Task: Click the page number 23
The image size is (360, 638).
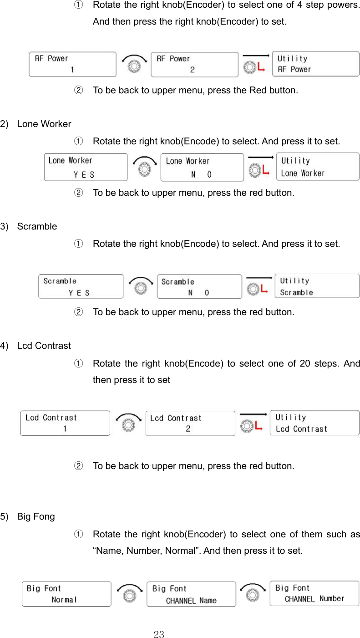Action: (159, 634)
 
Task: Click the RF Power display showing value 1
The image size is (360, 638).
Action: (72, 64)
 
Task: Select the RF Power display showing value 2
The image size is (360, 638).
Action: (194, 64)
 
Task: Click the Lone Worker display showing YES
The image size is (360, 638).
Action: (86, 167)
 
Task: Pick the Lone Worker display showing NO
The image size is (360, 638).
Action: (202, 168)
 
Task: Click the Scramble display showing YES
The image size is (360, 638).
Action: (81, 286)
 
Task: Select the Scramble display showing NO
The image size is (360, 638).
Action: (199, 287)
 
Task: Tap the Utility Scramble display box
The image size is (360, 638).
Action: (317, 286)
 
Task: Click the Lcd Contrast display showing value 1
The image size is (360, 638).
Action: (65, 423)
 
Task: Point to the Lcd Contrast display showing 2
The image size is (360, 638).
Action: (190, 424)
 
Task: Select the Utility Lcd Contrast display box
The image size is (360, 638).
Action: (314, 423)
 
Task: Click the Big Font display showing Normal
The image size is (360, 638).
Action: (66, 594)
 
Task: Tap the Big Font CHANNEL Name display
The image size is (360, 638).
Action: (191, 594)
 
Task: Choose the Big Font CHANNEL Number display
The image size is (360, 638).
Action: (314, 593)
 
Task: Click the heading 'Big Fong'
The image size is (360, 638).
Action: (35, 516)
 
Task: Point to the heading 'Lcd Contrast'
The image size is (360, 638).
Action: (44, 346)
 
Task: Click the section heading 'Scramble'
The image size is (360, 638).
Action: (37, 226)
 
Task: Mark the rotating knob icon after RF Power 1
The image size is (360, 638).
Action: (133, 65)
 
